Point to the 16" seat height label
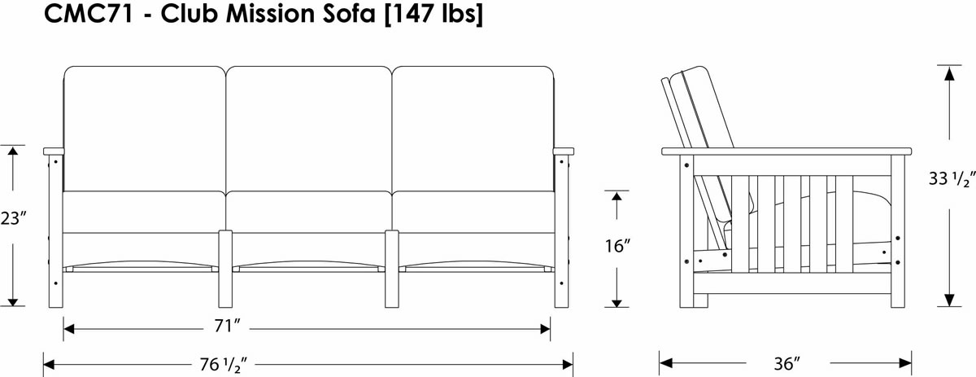(x=617, y=247)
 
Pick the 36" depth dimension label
(x=786, y=362)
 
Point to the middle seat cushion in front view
(x=309, y=211)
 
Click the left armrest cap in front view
(x=54, y=151)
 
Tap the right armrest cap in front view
(x=563, y=151)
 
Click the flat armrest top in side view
(x=786, y=151)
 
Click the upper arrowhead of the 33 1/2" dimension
(x=948, y=72)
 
